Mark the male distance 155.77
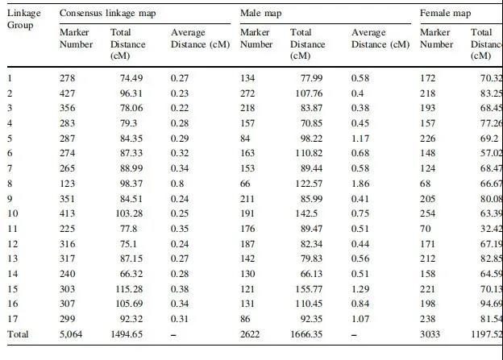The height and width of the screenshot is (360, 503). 305,288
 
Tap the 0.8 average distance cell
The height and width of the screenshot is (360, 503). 175,184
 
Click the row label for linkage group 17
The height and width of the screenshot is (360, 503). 11,319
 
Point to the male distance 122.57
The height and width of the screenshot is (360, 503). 305,184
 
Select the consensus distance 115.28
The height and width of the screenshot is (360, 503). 127,288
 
